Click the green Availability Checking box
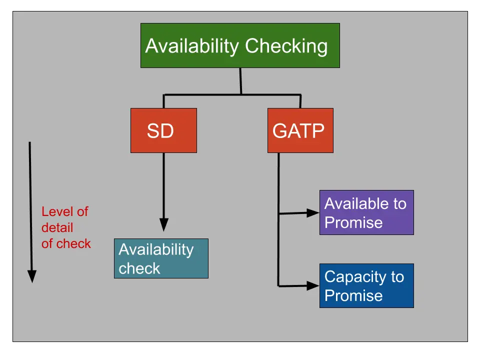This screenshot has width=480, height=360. (240, 45)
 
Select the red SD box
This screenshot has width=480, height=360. (163, 130)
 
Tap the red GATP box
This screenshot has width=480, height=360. (300, 130)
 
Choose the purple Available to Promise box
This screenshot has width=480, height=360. (366, 212)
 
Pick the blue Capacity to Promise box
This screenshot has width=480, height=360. (366, 285)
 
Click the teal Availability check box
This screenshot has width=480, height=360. (161, 258)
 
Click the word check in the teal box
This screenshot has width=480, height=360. (139, 268)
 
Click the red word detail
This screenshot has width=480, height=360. (57, 227)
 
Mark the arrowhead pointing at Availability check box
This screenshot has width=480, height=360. (163, 225)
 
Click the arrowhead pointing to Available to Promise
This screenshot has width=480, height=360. (313, 212)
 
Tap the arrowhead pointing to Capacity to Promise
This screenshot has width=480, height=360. (313, 285)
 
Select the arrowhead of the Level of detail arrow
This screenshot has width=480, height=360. (31, 276)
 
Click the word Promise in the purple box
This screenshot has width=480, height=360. (353, 222)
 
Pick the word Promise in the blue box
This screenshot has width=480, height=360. (353, 295)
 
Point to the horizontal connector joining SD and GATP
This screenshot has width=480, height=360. (232, 94)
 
